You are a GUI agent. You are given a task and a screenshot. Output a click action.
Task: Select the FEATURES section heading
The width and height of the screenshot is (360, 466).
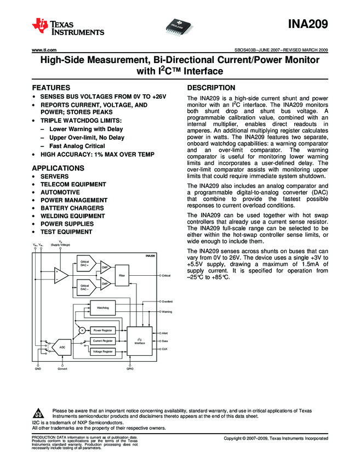click(52, 88)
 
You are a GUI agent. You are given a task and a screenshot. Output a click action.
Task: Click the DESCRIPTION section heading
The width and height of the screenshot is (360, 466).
click(212, 88)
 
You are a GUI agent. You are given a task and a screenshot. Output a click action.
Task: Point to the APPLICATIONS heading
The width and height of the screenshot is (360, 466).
click(58, 168)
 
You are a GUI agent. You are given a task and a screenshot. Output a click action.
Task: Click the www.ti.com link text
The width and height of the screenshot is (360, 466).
click(45, 50)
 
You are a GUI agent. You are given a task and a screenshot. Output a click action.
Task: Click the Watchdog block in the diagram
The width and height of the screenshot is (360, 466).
click(102, 309)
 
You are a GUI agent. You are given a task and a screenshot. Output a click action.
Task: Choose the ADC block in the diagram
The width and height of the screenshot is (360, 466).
click(62, 348)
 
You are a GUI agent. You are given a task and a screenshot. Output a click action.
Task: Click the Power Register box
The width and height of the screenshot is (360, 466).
click(102, 331)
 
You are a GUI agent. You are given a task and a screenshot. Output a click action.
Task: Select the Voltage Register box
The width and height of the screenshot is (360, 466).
click(102, 351)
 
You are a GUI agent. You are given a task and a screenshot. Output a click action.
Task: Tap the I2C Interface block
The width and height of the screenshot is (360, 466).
click(140, 341)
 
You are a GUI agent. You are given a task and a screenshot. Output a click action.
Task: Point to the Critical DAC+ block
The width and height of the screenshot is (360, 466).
click(85, 263)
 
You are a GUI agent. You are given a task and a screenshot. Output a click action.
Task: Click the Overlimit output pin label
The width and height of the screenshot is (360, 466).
click(168, 302)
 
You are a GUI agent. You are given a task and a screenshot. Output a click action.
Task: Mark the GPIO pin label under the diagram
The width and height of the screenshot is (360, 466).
click(130, 369)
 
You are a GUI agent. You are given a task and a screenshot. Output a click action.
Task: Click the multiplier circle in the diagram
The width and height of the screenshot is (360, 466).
click(81, 331)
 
